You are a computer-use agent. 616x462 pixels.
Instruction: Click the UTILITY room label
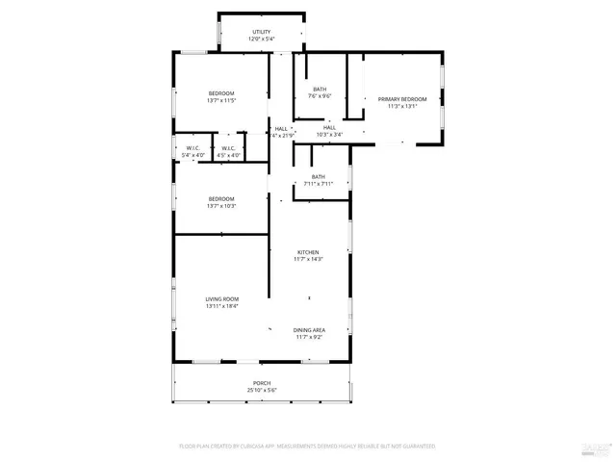(x=262, y=32)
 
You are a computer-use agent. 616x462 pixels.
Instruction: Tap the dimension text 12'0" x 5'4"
(x=262, y=39)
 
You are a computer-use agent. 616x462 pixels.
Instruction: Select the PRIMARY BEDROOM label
(x=401, y=99)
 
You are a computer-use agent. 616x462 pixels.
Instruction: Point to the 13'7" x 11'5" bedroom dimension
(x=221, y=100)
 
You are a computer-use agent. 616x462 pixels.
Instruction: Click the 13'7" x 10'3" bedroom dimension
(x=221, y=206)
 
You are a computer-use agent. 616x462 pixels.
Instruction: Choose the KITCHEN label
(x=308, y=252)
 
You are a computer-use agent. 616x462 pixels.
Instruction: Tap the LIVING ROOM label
(x=221, y=299)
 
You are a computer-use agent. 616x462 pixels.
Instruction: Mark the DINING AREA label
(x=310, y=330)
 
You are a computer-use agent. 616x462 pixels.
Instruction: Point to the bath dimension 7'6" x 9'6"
(x=320, y=96)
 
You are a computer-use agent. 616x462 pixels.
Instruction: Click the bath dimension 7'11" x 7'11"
(x=319, y=184)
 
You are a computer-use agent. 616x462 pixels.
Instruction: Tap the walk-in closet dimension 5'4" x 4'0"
(x=192, y=155)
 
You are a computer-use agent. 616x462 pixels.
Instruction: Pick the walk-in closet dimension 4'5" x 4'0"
(x=228, y=155)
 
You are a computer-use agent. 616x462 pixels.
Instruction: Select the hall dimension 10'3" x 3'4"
(x=329, y=135)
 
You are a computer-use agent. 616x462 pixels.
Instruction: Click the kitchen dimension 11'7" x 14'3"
(x=308, y=260)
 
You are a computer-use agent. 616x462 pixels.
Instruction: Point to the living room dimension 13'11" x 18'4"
(x=221, y=307)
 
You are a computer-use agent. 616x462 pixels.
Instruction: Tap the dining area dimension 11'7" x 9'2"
(x=310, y=338)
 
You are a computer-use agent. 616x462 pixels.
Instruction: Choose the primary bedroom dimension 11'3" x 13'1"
(x=401, y=107)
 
